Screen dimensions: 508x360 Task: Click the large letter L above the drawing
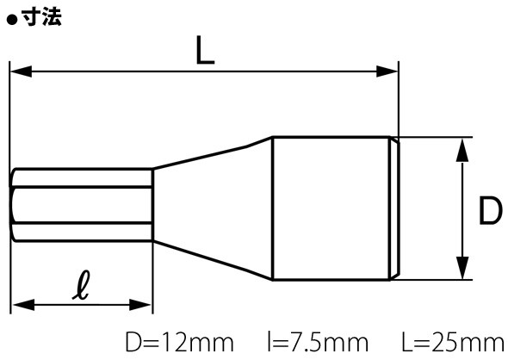point(205,50)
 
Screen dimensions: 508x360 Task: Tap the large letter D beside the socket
point(491,210)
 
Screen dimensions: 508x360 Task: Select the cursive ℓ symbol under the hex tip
point(81,285)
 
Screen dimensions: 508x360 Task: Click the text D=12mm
point(180,342)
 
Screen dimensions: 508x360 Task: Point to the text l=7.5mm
point(318,342)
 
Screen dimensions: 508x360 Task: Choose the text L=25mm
point(453,342)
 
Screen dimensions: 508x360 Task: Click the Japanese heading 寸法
point(41,17)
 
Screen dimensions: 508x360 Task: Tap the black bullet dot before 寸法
point(12,20)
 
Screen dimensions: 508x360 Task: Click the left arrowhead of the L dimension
point(21,71)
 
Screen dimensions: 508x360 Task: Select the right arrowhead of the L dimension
point(387,71)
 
